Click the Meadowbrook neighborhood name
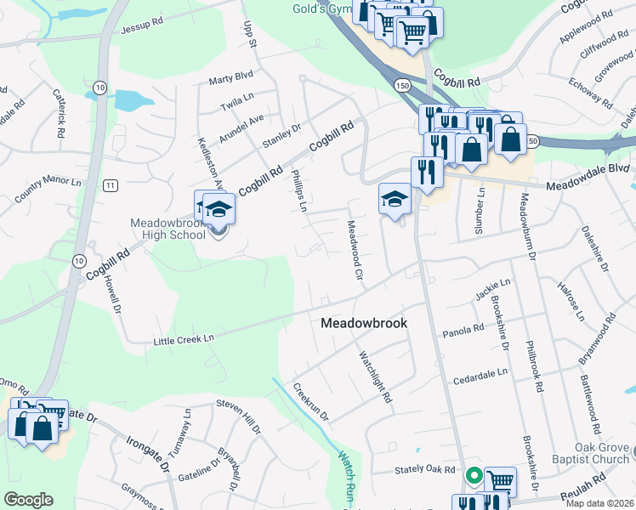(364, 324)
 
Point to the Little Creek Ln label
(183, 339)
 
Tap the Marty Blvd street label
(232, 82)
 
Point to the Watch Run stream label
(347, 475)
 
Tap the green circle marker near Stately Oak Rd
(474, 477)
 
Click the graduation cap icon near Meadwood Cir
(395, 198)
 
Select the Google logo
(29, 500)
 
